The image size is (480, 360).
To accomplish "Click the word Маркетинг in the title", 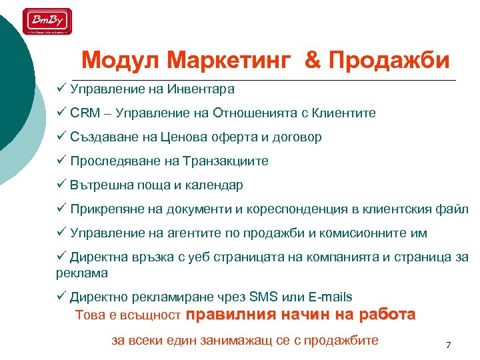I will [x=230, y=61].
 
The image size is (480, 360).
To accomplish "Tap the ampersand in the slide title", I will [x=311, y=61].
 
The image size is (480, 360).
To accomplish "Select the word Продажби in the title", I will [x=390, y=61].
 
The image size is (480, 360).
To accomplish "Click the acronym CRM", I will [x=84, y=113].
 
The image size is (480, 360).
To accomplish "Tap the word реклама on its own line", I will [x=82, y=273].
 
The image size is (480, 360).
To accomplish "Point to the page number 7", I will [x=448, y=345].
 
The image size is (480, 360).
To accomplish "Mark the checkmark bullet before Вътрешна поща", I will [x=61, y=185].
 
